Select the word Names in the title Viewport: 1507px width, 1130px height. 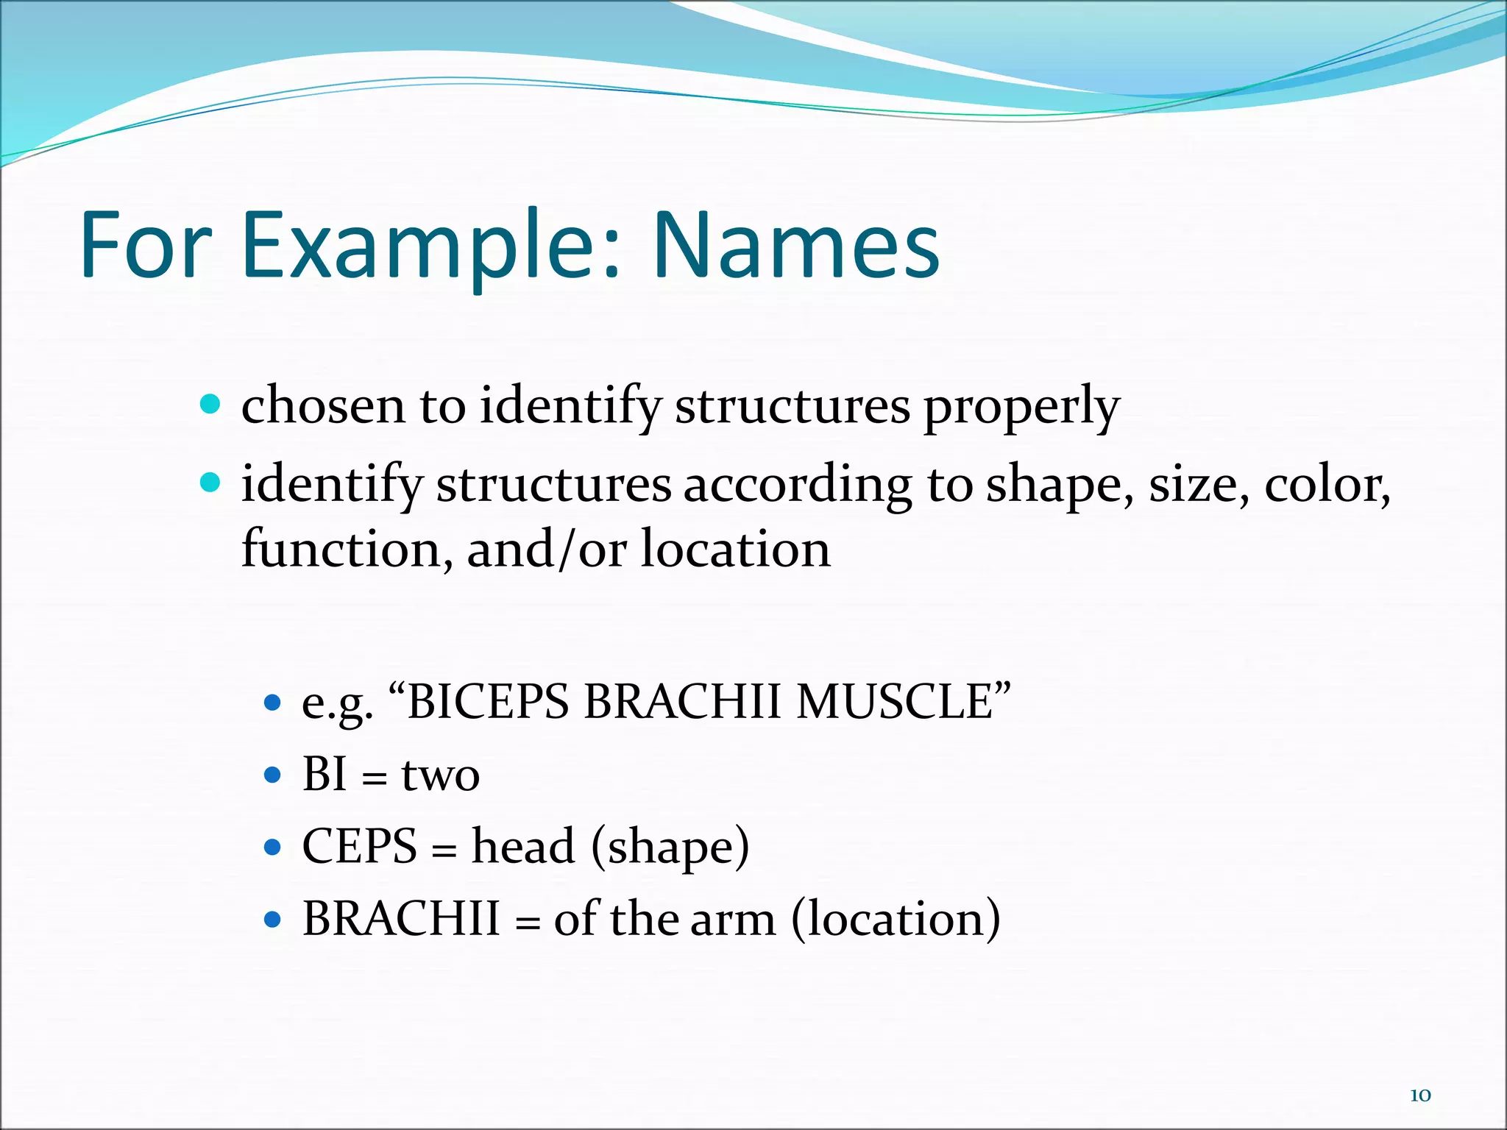point(796,246)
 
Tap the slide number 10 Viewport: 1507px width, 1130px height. point(1420,1095)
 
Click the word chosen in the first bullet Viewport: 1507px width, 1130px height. point(323,406)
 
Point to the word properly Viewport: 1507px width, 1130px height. point(1021,408)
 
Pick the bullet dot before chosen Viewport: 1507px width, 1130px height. point(210,405)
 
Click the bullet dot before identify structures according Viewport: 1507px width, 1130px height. point(210,483)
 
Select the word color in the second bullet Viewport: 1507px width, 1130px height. point(1327,486)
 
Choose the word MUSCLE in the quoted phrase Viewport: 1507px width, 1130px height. point(904,701)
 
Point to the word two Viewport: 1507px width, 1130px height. point(440,775)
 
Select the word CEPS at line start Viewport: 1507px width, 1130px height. point(360,847)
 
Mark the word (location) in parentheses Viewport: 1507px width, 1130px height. point(896,920)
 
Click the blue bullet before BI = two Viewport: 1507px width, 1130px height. point(272,775)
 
